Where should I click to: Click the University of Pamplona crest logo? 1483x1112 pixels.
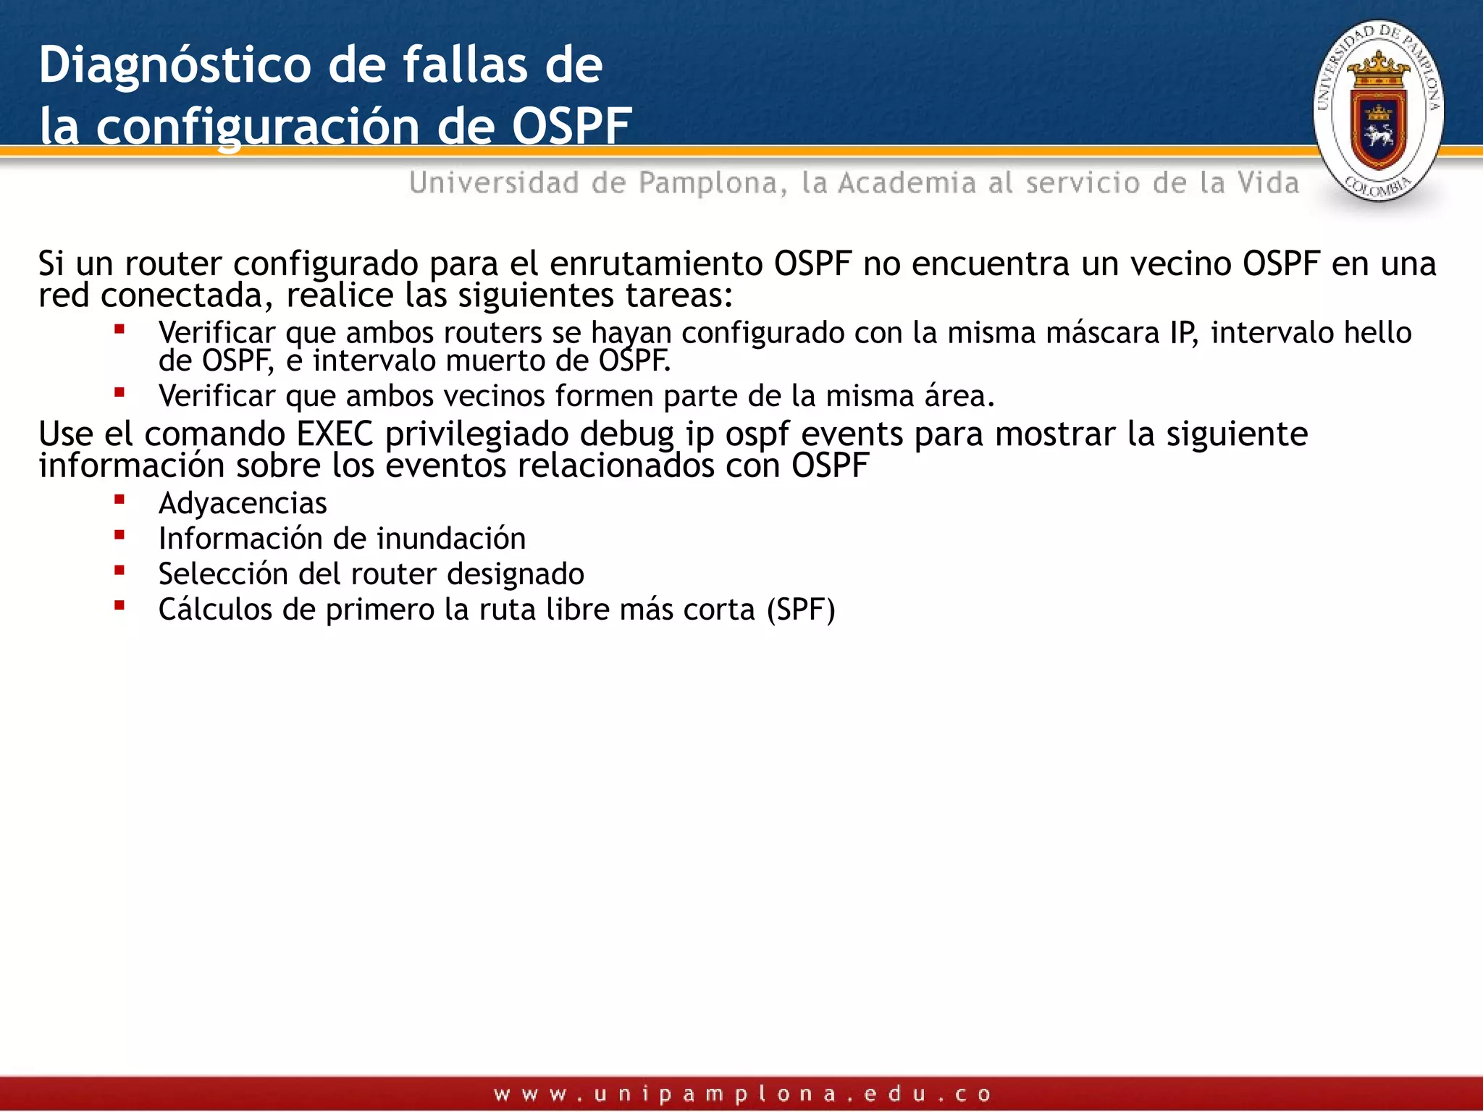(1378, 111)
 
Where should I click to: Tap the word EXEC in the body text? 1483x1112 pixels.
(335, 434)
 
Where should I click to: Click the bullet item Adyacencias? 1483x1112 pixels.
(243, 503)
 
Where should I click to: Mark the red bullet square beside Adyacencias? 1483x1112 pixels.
(119, 500)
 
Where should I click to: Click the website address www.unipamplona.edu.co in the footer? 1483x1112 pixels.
(741, 1094)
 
